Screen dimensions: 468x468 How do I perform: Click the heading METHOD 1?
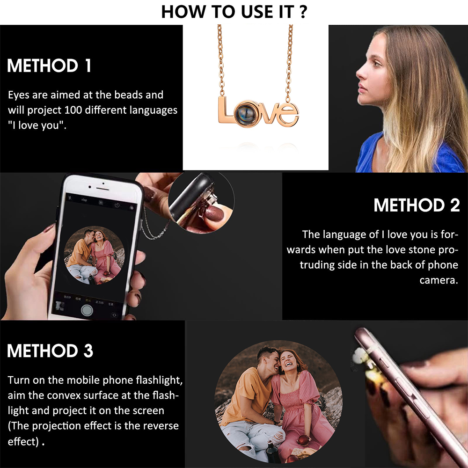[49, 66]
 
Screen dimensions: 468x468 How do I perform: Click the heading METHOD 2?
[417, 205]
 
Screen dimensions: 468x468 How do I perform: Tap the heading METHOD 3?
[50, 351]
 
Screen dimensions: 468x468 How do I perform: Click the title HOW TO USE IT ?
[234, 12]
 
